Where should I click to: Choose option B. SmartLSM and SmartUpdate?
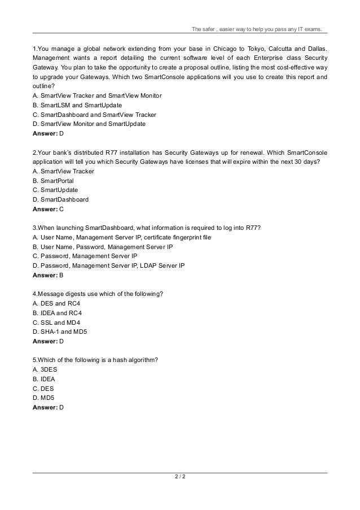(x=77, y=105)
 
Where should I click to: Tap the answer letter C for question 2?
(x=62, y=208)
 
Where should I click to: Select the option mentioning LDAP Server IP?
(x=108, y=265)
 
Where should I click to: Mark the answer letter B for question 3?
(x=62, y=275)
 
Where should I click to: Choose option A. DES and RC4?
(x=56, y=303)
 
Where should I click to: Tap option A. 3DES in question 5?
(x=46, y=370)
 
